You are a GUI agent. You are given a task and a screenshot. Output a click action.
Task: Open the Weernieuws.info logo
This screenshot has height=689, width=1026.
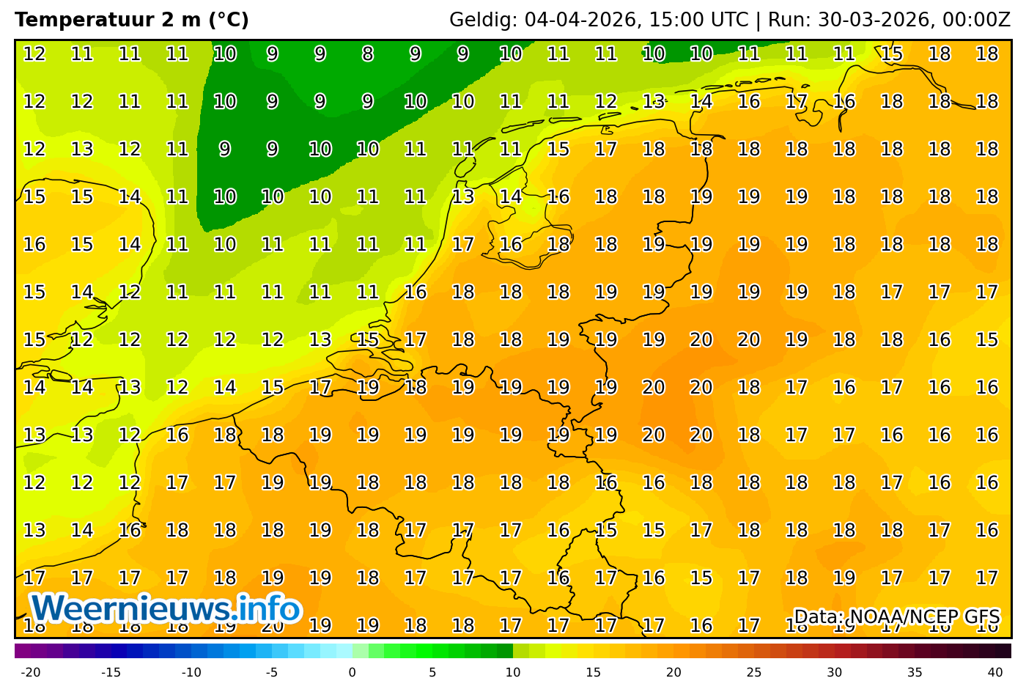pos(166,609)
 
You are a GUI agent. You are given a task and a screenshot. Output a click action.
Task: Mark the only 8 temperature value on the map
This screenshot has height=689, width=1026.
pos(367,54)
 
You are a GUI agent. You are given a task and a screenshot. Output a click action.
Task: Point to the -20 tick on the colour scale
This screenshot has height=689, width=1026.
pos(30,672)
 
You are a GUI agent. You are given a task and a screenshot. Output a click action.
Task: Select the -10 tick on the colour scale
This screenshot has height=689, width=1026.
pos(191,672)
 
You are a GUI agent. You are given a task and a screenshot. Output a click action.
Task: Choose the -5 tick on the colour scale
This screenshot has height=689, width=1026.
pos(272,672)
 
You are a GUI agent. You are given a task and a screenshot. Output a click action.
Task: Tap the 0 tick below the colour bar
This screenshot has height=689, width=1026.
pos(352,672)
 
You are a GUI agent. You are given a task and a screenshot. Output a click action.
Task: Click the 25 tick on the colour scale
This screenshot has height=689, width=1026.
pos(754,672)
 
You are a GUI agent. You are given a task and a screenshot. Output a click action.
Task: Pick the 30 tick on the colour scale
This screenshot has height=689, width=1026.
pos(835,672)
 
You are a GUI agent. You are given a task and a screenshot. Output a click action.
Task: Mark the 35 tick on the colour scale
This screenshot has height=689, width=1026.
pos(915,672)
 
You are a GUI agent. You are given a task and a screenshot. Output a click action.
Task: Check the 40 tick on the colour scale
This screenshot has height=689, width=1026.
pos(995,672)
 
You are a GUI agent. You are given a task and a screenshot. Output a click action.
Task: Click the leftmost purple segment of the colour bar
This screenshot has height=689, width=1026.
pos(23,651)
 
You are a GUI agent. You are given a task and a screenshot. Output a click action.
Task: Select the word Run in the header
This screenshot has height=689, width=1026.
pos(783,20)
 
